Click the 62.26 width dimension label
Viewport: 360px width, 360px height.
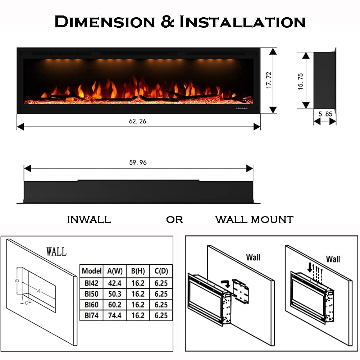138,121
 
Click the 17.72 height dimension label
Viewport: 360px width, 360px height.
268,80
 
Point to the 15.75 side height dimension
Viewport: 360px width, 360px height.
301,81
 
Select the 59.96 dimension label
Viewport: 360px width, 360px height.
138,163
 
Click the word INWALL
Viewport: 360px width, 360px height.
89,219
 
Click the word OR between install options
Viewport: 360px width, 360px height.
174,219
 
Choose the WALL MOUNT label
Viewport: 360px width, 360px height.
254,219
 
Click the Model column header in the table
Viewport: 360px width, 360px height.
92,271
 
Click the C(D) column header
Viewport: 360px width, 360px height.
161,271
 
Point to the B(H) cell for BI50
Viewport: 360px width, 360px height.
138,294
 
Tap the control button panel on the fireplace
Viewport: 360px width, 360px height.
240,108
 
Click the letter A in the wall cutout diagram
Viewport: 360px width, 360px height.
38,291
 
